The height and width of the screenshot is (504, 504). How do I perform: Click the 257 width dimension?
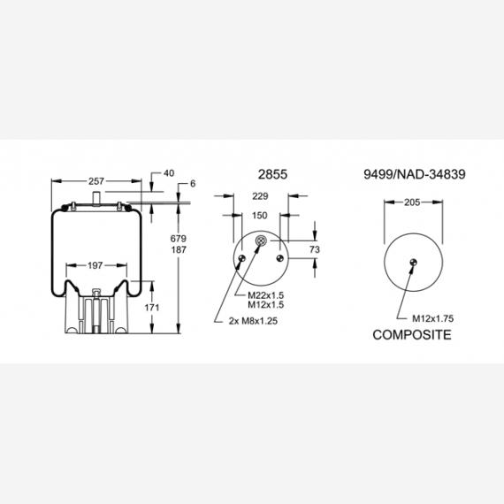[x=96, y=181]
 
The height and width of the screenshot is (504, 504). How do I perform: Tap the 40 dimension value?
[x=169, y=173]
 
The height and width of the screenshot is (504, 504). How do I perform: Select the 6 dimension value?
[x=193, y=184]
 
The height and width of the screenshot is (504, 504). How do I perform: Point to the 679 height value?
[x=179, y=239]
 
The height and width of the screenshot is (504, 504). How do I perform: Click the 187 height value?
[x=179, y=249]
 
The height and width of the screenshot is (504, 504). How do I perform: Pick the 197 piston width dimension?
[x=95, y=265]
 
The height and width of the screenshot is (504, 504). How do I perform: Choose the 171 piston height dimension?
[x=152, y=308]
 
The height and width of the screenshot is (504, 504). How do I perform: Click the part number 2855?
[x=272, y=174]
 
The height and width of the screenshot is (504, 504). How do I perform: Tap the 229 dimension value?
[x=260, y=196]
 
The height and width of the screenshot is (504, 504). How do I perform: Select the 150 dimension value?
[x=260, y=216]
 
